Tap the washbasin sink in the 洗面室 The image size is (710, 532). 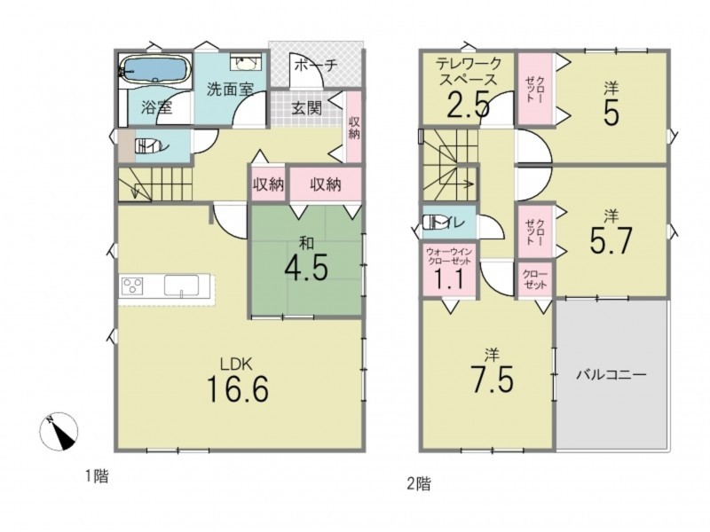(x=246, y=64)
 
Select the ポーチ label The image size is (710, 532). (x=316, y=66)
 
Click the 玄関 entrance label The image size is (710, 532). (x=306, y=108)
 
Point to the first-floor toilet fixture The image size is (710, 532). (x=146, y=145)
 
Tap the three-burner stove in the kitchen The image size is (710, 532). (x=132, y=286)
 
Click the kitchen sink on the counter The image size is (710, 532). (x=181, y=286)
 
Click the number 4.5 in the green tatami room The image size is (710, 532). (x=306, y=269)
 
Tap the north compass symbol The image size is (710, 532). (x=59, y=432)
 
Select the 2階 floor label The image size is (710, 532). (x=418, y=484)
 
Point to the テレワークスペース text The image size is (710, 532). (x=469, y=72)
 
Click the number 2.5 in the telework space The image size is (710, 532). (x=469, y=105)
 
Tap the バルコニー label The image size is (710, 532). (x=611, y=374)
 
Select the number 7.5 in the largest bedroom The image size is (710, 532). (x=492, y=379)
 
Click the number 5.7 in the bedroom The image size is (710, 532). (x=611, y=241)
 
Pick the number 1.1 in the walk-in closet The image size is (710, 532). (x=450, y=279)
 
